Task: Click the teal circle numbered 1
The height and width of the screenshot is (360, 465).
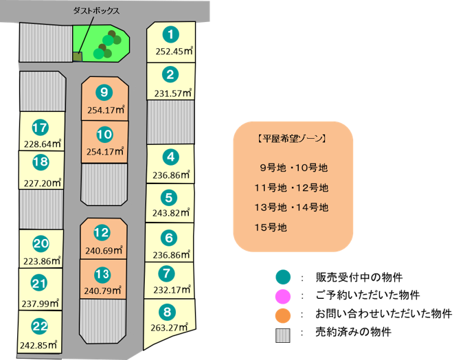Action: click(171, 35)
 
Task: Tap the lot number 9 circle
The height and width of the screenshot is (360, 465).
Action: click(104, 92)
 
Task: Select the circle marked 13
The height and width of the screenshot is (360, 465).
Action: click(102, 274)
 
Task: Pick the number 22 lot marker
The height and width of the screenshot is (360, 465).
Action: click(40, 326)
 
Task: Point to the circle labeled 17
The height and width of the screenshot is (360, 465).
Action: click(40, 128)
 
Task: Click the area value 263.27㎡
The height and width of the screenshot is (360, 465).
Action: click(170, 328)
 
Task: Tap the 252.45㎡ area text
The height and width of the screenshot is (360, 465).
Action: click(174, 51)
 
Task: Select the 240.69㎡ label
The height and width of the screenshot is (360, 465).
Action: click(104, 251)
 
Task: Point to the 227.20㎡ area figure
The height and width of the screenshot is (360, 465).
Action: click(43, 183)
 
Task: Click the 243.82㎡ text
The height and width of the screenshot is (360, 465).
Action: click(171, 212)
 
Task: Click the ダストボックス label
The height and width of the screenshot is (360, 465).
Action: click(96, 11)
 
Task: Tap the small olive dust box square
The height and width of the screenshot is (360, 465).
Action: click(78, 56)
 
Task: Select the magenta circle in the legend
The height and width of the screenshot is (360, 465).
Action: click(282, 297)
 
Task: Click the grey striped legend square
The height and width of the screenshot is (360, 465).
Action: click(282, 335)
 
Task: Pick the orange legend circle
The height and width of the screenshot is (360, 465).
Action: click(282, 315)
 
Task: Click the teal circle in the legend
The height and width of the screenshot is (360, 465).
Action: click(282, 278)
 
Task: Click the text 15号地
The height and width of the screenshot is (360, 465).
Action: click(271, 227)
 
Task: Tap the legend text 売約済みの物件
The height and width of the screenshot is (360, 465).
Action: click(353, 332)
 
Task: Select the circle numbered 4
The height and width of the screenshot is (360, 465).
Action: click(171, 157)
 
